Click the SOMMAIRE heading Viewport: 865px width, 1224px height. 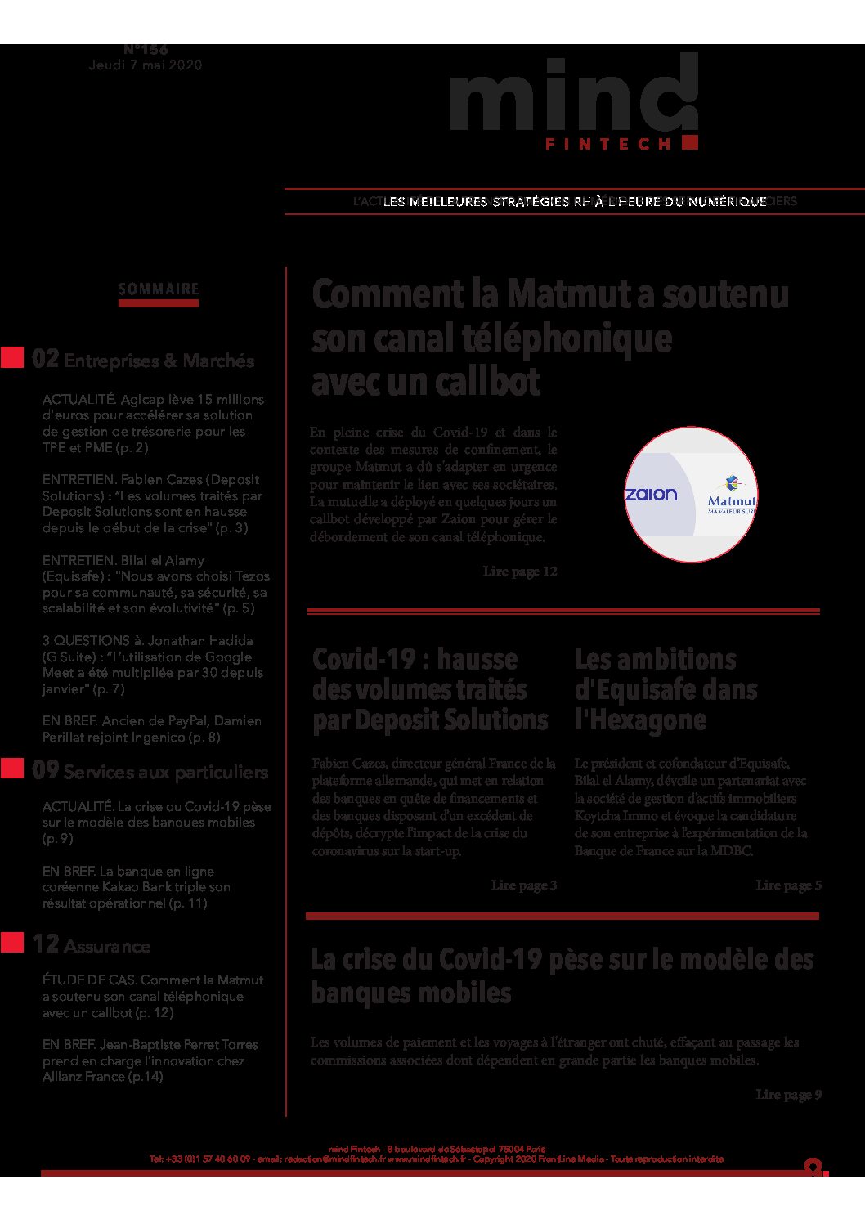coord(159,289)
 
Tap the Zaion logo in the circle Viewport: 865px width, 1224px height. coord(651,494)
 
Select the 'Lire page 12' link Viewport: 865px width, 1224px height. coord(520,572)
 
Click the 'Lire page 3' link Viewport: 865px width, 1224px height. coord(524,885)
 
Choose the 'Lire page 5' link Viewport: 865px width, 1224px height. coord(789,885)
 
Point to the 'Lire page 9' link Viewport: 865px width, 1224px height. coord(789,1095)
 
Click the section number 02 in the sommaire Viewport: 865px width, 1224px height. coord(46,359)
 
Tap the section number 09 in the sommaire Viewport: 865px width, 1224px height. coord(46,770)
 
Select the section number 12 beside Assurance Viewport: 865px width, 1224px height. coord(46,944)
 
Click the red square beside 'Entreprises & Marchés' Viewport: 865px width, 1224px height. coord(12,358)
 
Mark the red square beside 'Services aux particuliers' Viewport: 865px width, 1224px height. coord(12,769)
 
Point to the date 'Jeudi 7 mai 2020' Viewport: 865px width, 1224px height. coord(146,65)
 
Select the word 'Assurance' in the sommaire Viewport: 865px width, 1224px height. coord(107,947)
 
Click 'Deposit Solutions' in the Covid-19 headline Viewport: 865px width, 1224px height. coord(451,720)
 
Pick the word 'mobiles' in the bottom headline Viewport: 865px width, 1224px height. coord(462,993)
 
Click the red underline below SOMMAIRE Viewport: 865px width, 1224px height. coord(159,303)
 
